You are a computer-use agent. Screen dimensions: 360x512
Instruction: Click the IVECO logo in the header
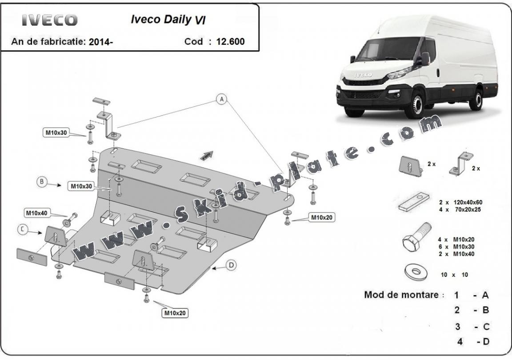50,20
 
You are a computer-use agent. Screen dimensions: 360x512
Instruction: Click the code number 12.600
230,41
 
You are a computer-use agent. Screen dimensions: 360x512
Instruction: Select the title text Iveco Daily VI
168,20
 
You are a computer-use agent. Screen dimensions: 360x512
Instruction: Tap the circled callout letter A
221,100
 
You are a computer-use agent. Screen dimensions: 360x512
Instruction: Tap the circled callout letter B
42,182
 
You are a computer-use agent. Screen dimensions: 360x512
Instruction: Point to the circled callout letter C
22,229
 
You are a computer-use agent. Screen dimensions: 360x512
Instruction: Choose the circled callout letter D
231,265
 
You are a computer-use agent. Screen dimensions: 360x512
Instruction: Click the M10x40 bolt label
36,213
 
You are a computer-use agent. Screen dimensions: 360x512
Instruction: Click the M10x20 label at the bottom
175,313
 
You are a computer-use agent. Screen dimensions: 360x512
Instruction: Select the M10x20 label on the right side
322,217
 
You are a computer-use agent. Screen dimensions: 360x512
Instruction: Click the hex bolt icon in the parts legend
416,238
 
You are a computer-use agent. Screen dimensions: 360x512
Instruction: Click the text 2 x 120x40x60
460,201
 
